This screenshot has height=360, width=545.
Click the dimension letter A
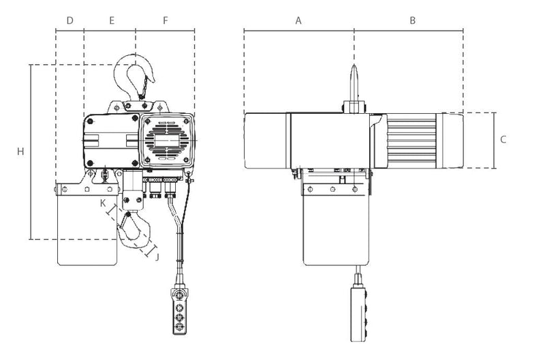tap(298, 21)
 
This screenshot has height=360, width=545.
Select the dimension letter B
tap(413, 21)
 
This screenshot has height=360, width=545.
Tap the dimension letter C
tap(503, 140)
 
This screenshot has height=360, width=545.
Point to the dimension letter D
tap(69, 21)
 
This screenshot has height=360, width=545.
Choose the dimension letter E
tap(112, 21)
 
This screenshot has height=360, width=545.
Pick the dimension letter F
tap(166, 21)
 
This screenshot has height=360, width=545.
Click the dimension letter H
tap(20, 151)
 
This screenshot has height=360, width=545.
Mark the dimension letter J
tap(157, 256)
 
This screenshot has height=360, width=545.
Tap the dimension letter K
tap(103, 203)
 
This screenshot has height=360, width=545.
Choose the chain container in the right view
tap(336, 225)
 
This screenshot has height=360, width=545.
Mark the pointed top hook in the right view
tap(354, 82)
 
